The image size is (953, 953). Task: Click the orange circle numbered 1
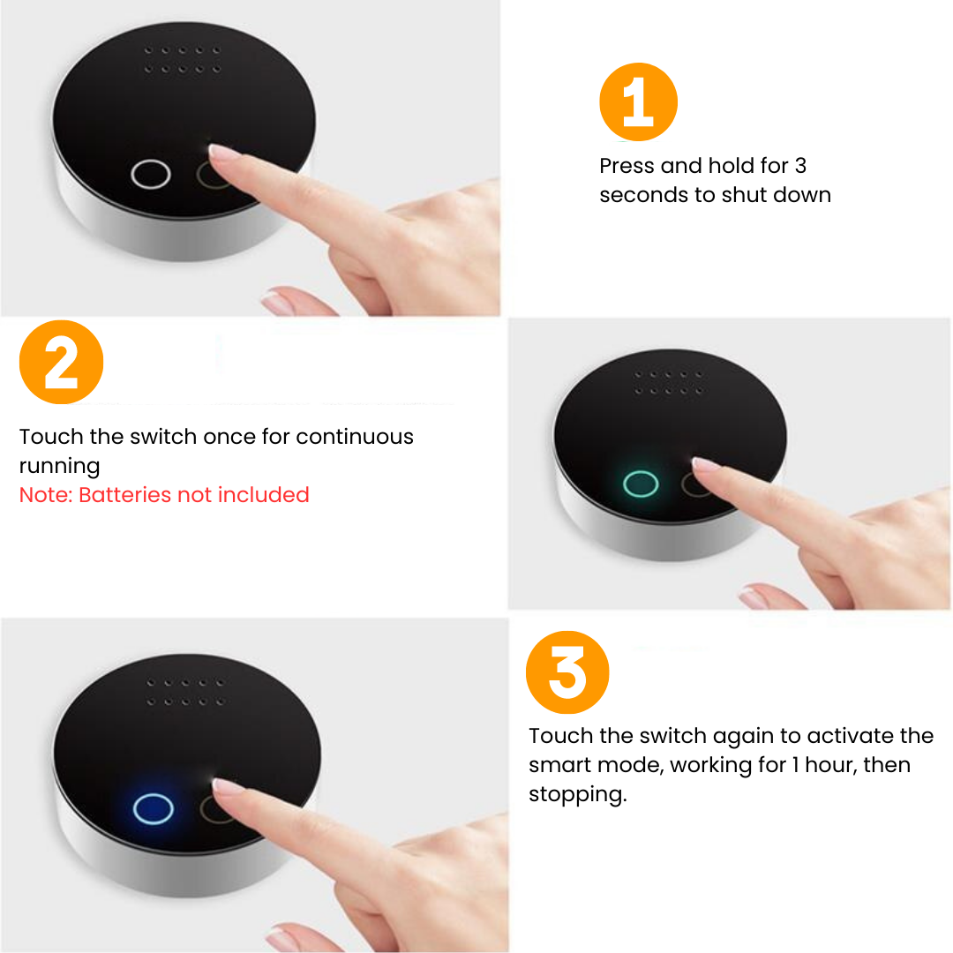point(638,102)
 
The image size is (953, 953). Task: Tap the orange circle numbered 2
point(62,363)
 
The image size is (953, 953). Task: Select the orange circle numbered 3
point(567,672)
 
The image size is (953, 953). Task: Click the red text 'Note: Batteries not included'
point(164,495)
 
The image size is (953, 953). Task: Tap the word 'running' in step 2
point(60,467)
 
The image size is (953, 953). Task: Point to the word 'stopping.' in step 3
point(577,794)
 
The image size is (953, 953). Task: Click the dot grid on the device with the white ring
point(182,60)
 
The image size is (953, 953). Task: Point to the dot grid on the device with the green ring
point(668,383)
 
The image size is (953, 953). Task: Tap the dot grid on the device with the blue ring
point(186,693)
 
